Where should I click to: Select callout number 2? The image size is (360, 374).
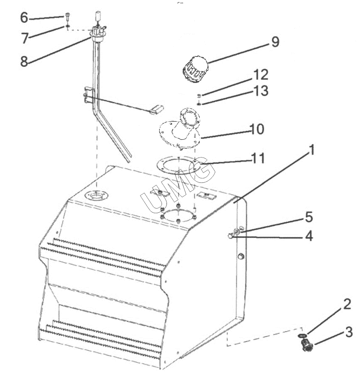pyautogui.click(x=347, y=304)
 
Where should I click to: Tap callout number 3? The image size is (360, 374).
pyautogui.click(x=349, y=332)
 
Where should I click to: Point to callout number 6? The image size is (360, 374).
pyautogui.click(x=24, y=17)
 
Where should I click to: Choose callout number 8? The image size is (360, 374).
pyautogui.click(x=24, y=62)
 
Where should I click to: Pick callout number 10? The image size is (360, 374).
pyautogui.click(x=257, y=129)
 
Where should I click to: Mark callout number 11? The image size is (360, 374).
pyautogui.click(x=258, y=158)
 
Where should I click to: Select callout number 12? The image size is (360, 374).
pyautogui.click(x=261, y=75)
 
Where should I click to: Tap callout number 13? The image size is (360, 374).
pyautogui.click(x=261, y=91)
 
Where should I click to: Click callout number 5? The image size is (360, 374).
pyautogui.click(x=309, y=217)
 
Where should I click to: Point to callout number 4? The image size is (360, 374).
pyautogui.click(x=309, y=236)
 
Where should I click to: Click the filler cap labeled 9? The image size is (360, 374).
pyautogui.click(x=195, y=69)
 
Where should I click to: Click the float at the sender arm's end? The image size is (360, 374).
pyautogui.click(x=156, y=109)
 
